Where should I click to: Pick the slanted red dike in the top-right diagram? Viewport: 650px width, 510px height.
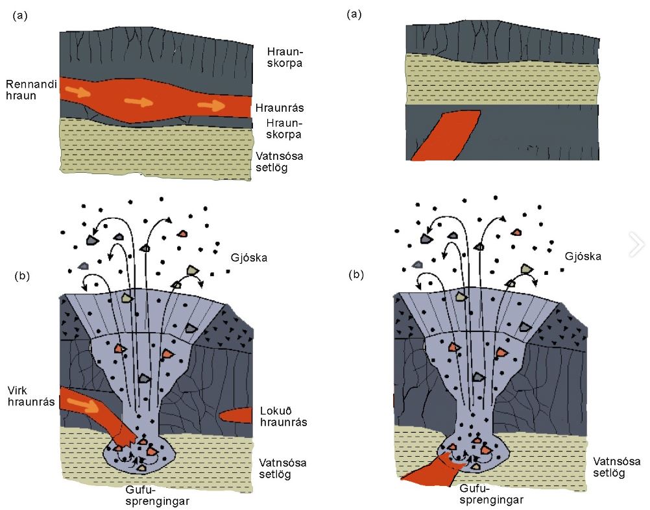(x=446, y=134)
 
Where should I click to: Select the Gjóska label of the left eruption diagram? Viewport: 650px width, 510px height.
(x=249, y=258)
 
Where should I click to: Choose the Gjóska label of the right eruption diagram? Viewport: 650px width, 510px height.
(x=583, y=257)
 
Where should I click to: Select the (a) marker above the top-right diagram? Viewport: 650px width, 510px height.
(x=354, y=14)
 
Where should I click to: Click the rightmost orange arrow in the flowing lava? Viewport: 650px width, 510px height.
(x=211, y=105)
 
